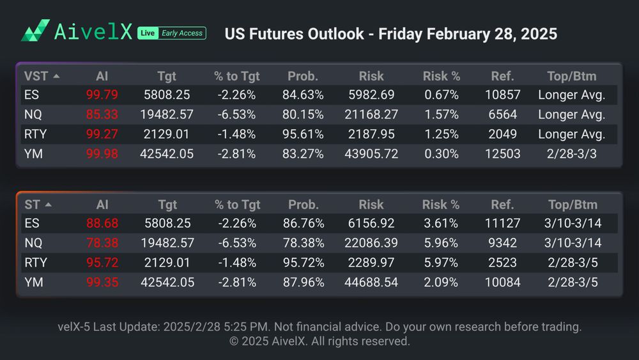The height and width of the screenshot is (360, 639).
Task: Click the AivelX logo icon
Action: (x=35, y=31)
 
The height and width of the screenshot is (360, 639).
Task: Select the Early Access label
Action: (x=182, y=33)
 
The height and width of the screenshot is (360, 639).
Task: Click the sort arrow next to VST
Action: (x=56, y=76)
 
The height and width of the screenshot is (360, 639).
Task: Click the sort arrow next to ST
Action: (x=49, y=205)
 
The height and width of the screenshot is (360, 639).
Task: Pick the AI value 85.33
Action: (x=102, y=115)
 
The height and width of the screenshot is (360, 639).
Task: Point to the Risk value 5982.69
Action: (x=371, y=95)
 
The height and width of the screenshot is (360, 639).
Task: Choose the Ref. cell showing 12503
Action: (x=502, y=154)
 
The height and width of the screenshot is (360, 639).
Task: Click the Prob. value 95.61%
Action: (x=303, y=134)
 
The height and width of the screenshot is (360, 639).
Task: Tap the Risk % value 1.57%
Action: (x=441, y=115)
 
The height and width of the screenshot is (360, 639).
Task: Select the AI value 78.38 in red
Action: (x=102, y=244)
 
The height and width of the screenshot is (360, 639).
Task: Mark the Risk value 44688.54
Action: (x=371, y=283)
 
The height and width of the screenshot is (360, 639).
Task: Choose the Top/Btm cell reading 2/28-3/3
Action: (x=571, y=154)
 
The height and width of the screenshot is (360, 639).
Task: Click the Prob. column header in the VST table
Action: (x=303, y=76)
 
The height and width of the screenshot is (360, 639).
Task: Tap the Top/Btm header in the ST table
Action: (x=572, y=205)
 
